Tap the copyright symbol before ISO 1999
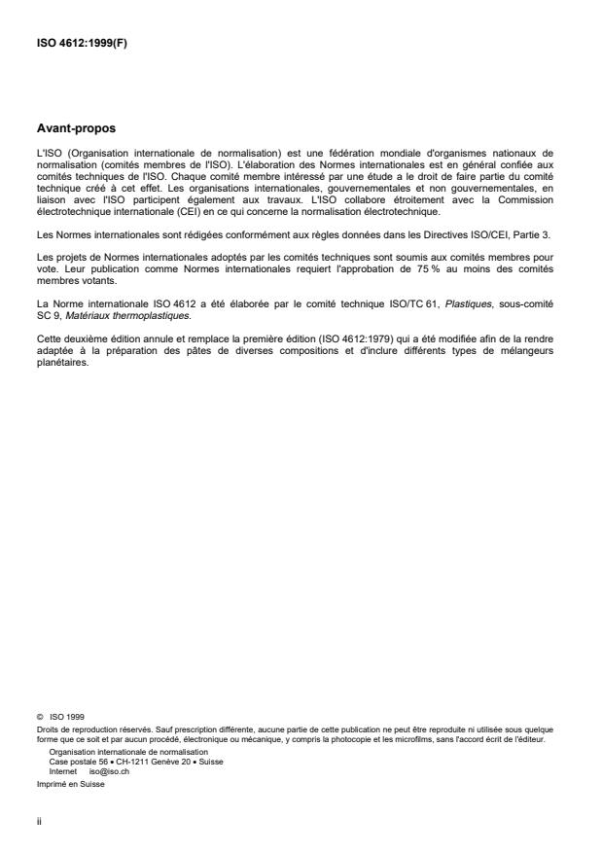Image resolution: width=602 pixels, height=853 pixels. [x=42, y=715]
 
